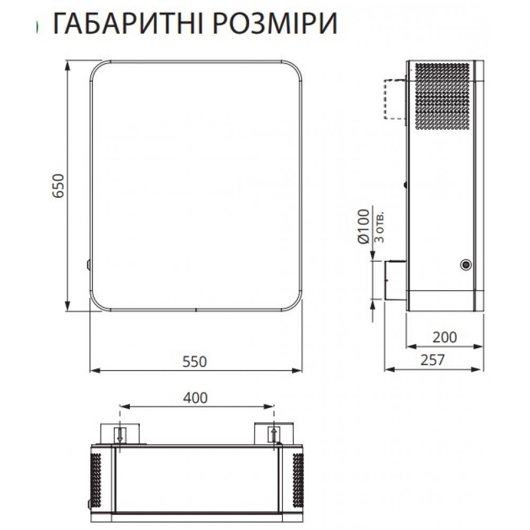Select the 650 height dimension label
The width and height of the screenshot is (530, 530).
pyautogui.click(x=58, y=186)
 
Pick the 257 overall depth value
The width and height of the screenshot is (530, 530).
pyautogui.click(x=432, y=360)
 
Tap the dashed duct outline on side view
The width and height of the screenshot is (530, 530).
pyautogui.click(x=393, y=99)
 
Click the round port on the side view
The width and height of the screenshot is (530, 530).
pyautogui.click(x=466, y=263)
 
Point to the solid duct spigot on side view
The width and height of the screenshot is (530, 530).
pyautogui.click(x=395, y=280)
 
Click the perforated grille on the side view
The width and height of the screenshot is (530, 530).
pyautogui.click(x=442, y=97)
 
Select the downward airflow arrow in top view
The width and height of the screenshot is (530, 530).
pyautogui.click(x=120, y=435)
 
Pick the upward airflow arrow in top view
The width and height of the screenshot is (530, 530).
pyautogui.click(x=273, y=435)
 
